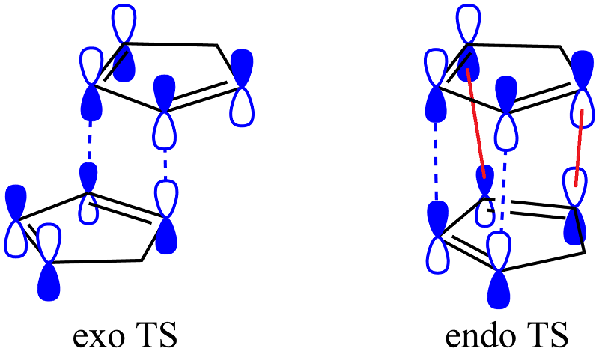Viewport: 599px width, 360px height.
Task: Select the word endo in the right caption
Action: tap(478, 335)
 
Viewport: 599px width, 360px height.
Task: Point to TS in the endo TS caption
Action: tap(546, 335)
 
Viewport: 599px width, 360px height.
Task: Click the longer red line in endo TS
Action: tap(476, 123)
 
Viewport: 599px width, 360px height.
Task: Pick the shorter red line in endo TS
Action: tap(579, 148)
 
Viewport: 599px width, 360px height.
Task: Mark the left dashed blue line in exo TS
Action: tap(89, 140)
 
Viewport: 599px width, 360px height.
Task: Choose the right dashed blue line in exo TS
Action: tap(165, 165)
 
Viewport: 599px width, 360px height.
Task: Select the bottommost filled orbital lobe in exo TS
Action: tap(49, 281)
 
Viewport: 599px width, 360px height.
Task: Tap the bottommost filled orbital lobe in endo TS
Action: tap(499, 290)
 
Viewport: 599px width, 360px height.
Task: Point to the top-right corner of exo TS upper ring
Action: tap(217, 45)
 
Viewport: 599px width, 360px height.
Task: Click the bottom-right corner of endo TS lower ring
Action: tap(585, 253)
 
